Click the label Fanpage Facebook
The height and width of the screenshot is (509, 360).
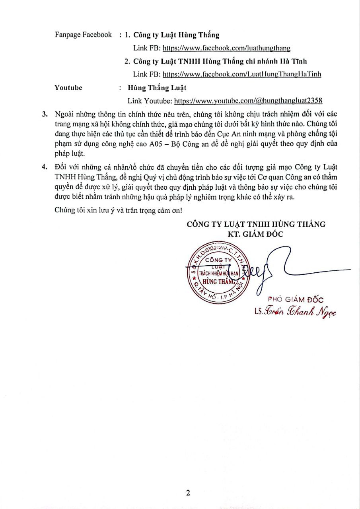83,35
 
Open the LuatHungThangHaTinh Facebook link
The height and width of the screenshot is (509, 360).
242,74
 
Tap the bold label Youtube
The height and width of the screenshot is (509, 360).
68,87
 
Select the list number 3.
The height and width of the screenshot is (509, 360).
45,115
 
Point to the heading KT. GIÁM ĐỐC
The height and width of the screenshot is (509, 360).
256,234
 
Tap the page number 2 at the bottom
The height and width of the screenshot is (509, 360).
188,493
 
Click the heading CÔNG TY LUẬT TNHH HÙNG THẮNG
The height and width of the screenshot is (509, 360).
256,224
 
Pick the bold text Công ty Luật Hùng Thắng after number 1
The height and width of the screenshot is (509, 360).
176,35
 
